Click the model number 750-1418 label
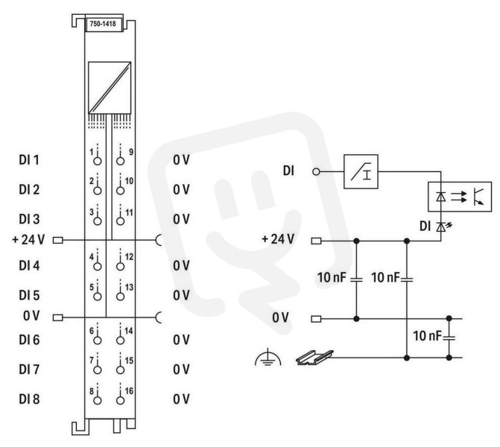pyautogui.click(x=103, y=24)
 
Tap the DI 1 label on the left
pyautogui.click(x=29, y=159)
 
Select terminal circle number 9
pyautogui.click(x=120, y=161)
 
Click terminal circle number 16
pyautogui.click(x=120, y=401)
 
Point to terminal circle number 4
pyautogui.click(x=98, y=267)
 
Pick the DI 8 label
pyautogui.click(x=29, y=399)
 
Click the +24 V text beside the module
pyautogui.click(x=28, y=239)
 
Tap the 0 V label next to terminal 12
pyautogui.click(x=181, y=265)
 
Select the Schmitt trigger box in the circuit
pyautogui.click(x=361, y=172)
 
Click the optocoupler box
pyautogui.click(x=460, y=197)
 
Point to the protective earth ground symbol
pyautogui.click(x=268, y=357)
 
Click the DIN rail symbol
pyautogui.click(x=314, y=358)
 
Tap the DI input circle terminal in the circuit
pyautogui.click(x=316, y=172)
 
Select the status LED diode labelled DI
pyautogui.click(x=441, y=227)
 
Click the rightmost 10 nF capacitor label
pyautogui.click(x=427, y=336)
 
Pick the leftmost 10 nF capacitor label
pyautogui.click(x=332, y=278)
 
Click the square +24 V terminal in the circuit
pyautogui.click(x=316, y=241)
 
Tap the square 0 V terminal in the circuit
pyautogui.click(x=316, y=319)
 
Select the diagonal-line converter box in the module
pyautogui.click(x=110, y=88)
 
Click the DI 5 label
pyautogui.click(x=29, y=295)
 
